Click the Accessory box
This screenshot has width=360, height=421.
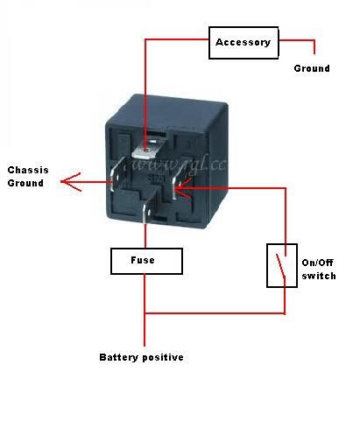[244, 43]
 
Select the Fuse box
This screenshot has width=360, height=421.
[146, 261]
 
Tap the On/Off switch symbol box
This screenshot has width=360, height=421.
[282, 265]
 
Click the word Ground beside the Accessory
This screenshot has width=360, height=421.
[312, 68]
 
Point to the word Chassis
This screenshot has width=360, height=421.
[28, 170]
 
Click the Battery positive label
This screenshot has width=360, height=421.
[141, 357]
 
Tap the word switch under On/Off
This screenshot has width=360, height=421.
[319, 276]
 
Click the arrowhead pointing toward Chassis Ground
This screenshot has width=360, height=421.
[71, 182]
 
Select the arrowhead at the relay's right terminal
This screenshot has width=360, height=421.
[183, 188]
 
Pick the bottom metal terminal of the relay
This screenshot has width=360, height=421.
[146, 211]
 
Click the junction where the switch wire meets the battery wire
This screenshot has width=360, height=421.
[145, 313]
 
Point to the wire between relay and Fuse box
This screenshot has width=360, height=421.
[145, 235]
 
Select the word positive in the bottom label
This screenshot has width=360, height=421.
[162, 357]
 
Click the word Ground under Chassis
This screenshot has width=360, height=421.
[25, 183]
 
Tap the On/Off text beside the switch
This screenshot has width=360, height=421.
[317, 263]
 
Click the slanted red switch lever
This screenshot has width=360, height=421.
[280, 266]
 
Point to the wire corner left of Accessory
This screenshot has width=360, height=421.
[145, 39]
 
